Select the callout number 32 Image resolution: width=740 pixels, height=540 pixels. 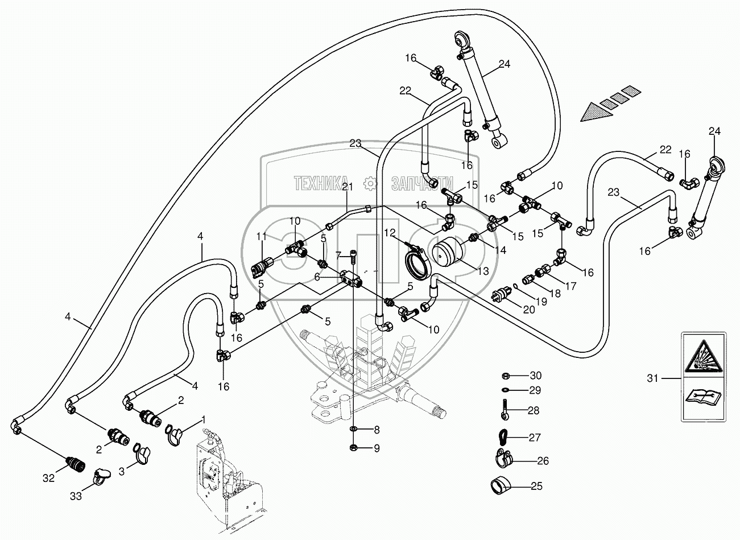tap(49, 479)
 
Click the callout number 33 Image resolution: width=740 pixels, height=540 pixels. tap(76, 496)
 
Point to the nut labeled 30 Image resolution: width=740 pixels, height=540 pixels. tap(505, 376)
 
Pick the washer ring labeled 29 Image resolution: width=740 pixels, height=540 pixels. tap(505, 390)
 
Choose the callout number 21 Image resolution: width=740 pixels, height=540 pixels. tap(348, 187)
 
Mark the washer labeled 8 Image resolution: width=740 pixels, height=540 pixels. tap(354, 428)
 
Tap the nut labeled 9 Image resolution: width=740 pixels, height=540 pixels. tap(354, 447)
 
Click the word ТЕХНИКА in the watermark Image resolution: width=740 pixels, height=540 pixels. tap(320, 183)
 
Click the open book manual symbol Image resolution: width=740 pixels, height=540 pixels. tap(702, 395)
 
